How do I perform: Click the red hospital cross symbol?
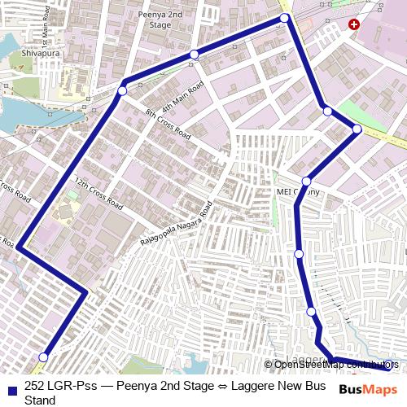point(353,25)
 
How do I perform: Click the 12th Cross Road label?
point(98,192)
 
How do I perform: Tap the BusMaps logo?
point(369,389)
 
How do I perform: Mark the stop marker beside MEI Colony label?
point(306,182)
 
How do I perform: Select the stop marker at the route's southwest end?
point(43,357)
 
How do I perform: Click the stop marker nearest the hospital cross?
point(284,18)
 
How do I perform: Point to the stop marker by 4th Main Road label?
point(194,55)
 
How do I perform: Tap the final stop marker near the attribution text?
point(388,365)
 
